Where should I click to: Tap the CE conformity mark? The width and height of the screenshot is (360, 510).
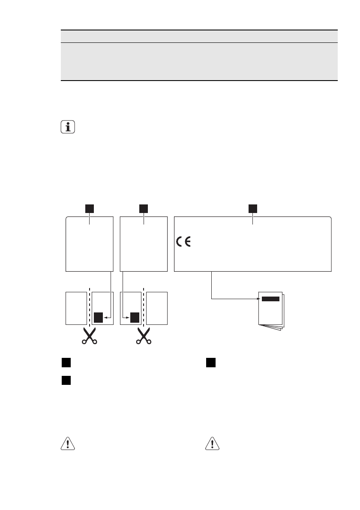(184, 241)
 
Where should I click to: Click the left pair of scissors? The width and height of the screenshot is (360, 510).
(89, 336)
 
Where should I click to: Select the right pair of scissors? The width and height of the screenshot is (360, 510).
(144, 336)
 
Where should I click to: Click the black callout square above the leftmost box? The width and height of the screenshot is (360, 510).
(89, 209)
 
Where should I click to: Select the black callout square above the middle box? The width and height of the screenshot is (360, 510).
(144, 209)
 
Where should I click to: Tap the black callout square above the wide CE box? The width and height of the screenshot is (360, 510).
(253, 209)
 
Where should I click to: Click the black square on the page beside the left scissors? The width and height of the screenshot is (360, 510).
(99, 317)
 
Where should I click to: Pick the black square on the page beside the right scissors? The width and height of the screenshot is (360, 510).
(135, 317)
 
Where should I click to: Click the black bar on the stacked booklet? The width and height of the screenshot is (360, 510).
(270, 299)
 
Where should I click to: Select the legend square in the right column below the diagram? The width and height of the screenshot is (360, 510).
(210, 363)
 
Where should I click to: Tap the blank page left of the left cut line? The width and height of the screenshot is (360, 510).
(75, 308)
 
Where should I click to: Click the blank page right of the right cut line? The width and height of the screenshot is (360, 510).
(157, 308)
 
